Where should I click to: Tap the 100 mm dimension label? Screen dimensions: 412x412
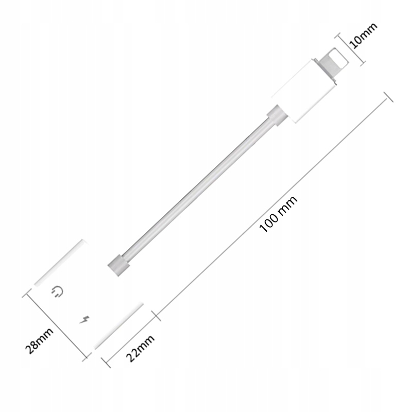click(278, 214)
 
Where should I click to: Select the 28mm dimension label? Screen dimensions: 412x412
click(39, 340)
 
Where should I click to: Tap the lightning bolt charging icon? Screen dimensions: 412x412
click(84, 320)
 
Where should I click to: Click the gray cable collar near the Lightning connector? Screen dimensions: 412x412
click(277, 115)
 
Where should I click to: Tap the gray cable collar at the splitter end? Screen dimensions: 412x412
click(118, 265)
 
